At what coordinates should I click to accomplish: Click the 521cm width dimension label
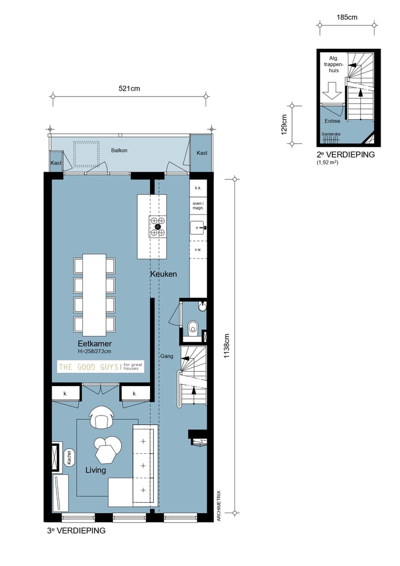(129, 88)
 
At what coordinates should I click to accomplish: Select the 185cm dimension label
(347, 17)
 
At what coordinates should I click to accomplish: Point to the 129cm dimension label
(284, 124)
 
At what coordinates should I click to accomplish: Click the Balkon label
(119, 151)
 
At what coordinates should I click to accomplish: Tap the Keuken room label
(163, 274)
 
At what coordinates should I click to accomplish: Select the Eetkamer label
(94, 344)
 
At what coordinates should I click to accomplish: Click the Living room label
(96, 470)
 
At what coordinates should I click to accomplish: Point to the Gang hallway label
(167, 356)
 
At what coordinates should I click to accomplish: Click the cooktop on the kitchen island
(158, 227)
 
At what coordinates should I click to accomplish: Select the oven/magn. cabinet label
(198, 206)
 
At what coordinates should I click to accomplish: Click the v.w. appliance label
(198, 250)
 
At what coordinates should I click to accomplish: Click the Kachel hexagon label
(69, 457)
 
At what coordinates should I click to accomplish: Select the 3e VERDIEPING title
(76, 530)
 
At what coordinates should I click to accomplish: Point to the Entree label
(332, 121)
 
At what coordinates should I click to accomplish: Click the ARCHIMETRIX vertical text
(219, 505)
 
